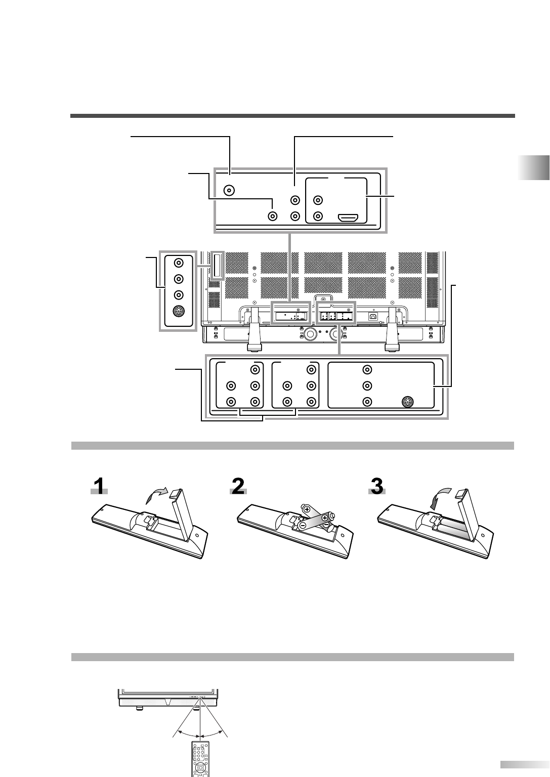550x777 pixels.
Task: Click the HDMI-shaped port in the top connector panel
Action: coord(349,218)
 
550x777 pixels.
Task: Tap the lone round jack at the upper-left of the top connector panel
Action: coord(230,191)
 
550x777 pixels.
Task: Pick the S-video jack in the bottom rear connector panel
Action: coord(407,403)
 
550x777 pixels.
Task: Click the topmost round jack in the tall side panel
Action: coord(178,263)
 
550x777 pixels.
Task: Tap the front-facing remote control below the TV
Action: coord(200,759)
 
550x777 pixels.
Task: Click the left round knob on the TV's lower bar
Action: coord(309,335)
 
